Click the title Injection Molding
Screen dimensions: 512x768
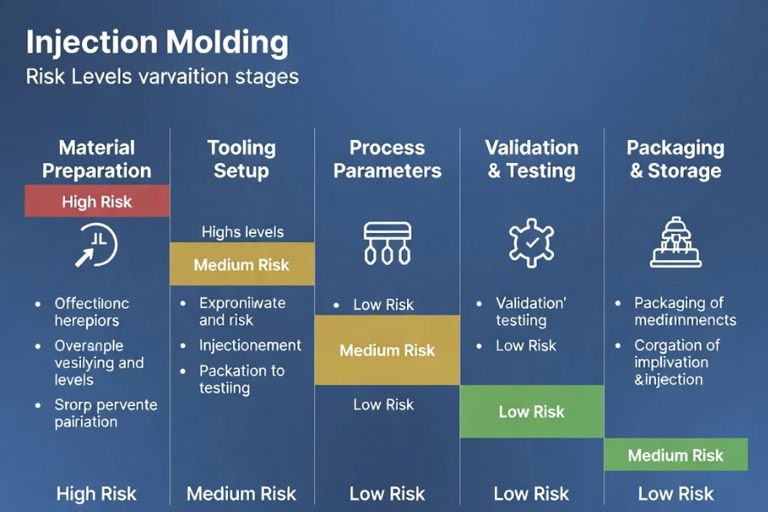pos(157,42)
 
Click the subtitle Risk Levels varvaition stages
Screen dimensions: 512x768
pos(162,77)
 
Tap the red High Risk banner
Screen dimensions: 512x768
pos(97,201)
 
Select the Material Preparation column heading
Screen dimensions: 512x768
pos(97,159)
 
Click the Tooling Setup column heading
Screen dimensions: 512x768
pos(241,159)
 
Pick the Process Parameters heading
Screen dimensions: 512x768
pos(387,159)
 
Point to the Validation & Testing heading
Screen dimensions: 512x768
pos(532,159)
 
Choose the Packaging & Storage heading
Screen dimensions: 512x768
pos(676,159)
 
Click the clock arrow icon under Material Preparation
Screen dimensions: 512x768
pos(96,246)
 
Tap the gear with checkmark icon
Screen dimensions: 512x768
pos(532,242)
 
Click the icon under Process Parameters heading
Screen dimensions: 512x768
pos(387,242)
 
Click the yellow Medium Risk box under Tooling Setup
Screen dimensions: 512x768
pos(241,265)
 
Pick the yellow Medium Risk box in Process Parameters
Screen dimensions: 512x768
pos(387,350)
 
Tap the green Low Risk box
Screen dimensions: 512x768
pos(532,411)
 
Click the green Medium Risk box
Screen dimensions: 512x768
pos(676,455)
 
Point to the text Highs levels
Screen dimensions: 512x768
pos(242,232)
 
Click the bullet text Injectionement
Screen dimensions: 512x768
pos(250,346)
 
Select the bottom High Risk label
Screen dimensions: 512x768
pos(96,493)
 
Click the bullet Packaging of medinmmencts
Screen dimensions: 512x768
pos(684,311)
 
